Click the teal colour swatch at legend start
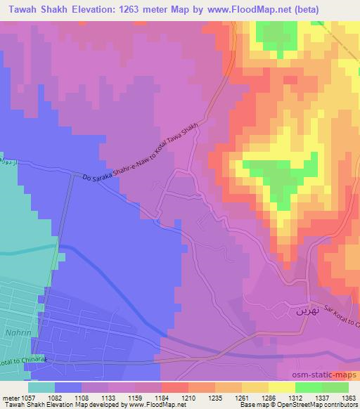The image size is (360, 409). click(x=41, y=387)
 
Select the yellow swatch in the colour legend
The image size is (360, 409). click(x=282, y=387)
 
